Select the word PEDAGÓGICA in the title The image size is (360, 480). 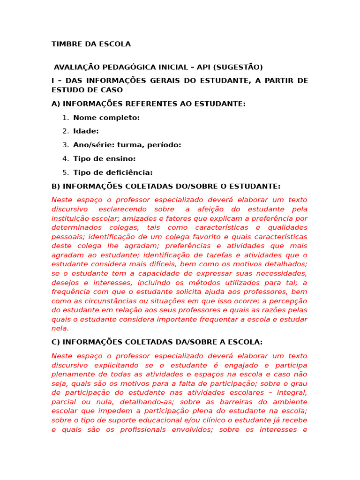[133, 67]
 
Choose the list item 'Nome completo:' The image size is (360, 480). [106, 118]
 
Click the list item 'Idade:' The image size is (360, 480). [86, 131]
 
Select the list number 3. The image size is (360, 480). [66, 145]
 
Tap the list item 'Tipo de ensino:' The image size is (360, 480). [104, 159]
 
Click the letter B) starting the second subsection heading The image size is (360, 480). [56, 186]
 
